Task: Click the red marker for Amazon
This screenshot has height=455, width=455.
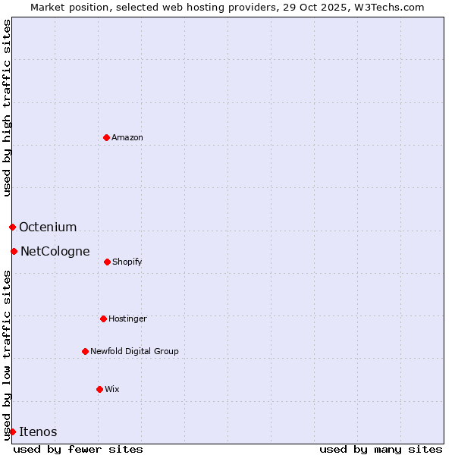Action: click(x=106, y=137)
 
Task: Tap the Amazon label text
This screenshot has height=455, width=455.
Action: click(x=127, y=138)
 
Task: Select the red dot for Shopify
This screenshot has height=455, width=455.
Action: click(x=107, y=262)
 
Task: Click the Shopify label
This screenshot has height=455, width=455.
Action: click(x=127, y=262)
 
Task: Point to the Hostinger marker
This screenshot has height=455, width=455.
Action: click(x=103, y=318)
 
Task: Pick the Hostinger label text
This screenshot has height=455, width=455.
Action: click(x=127, y=319)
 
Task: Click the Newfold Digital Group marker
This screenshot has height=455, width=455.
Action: click(x=85, y=351)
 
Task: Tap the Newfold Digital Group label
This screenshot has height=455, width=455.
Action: click(x=134, y=352)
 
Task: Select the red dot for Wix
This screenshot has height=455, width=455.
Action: click(x=99, y=389)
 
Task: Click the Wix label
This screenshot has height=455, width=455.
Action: click(x=112, y=390)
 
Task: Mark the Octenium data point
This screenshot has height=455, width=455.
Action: click(x=12, y=227)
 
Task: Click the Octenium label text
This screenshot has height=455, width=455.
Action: click(x=48, y=227)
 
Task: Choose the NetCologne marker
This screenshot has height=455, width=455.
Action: click(x=14, y=251)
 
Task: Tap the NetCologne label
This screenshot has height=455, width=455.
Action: click(x=55, y=252)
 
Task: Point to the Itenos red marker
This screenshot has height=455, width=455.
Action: click(x=12, y=431)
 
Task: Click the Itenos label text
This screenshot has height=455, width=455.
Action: click(x=38, y=432)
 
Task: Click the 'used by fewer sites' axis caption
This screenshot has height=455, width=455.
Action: click(x=78, y=449)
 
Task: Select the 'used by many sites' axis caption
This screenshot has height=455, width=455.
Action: click(x=381, y=449)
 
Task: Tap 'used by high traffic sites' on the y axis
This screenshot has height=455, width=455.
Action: click(x=7, y=108)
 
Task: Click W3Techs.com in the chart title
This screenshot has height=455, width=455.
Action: click(x=386, y=7)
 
